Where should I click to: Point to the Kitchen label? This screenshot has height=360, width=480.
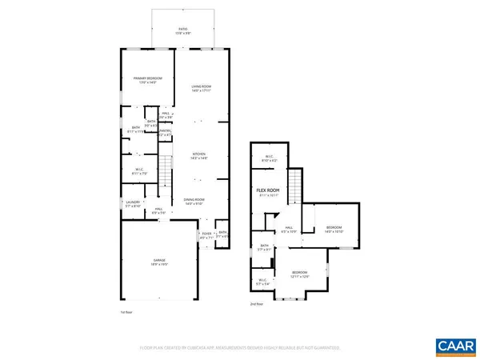click(199, 156)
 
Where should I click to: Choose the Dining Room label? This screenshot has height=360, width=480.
click(199, 201)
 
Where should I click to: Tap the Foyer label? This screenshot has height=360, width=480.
click(207, 234)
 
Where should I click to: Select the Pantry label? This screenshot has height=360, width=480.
click(166, 133)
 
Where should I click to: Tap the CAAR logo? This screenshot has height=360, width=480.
click(454, 346)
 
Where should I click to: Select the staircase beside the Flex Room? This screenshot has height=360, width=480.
click(294, 186)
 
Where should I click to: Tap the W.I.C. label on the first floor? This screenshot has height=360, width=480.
click(138, 171)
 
